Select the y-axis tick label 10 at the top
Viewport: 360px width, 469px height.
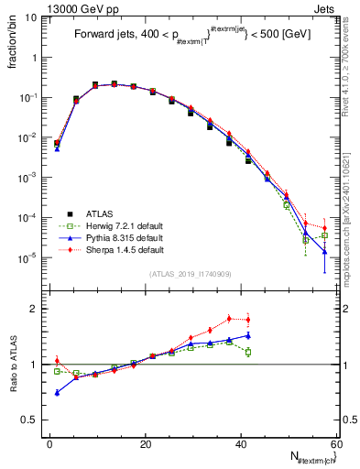tap(29, 16)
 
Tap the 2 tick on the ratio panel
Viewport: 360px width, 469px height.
tap(35, 309)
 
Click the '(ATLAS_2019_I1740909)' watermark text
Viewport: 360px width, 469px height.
tap(190, 275)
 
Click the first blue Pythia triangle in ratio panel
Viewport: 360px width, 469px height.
tap(57, 392)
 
